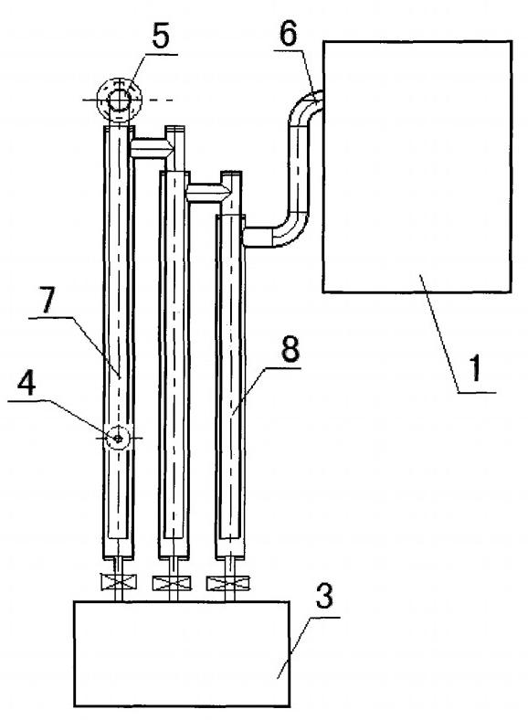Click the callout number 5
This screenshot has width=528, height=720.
coord(161,37)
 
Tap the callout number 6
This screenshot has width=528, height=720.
coord(289,33)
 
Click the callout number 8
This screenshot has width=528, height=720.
coord(290,348)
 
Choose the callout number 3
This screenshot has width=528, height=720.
coord(324,597)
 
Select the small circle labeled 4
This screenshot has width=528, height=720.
coord(118,439)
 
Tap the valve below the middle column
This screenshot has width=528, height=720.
coord(173,584)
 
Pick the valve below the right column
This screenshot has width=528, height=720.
coord(228,584)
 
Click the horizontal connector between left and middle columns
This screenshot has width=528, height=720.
coord(151,148)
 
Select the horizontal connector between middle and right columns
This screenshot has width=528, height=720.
coord(206,193)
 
